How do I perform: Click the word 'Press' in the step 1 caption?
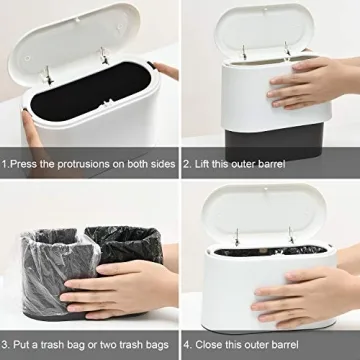26,162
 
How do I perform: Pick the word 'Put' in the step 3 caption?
24,343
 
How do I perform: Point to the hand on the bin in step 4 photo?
300,300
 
